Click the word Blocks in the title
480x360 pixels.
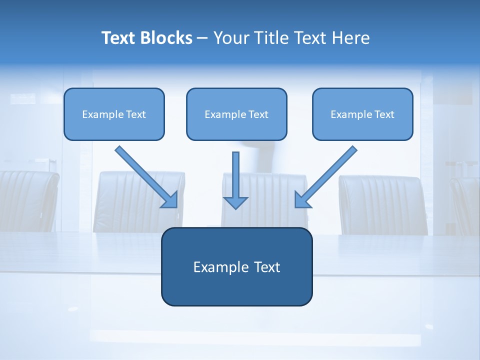167,38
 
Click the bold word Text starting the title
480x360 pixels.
120,38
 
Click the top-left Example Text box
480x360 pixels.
114,114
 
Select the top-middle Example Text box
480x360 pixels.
236,114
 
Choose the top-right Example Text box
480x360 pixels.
362,114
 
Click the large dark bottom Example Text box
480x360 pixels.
236,266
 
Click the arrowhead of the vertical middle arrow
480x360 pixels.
235,202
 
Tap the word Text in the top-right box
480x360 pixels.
384,114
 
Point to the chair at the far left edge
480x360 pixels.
27,200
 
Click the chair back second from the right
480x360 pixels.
382,205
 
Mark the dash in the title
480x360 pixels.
202,38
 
